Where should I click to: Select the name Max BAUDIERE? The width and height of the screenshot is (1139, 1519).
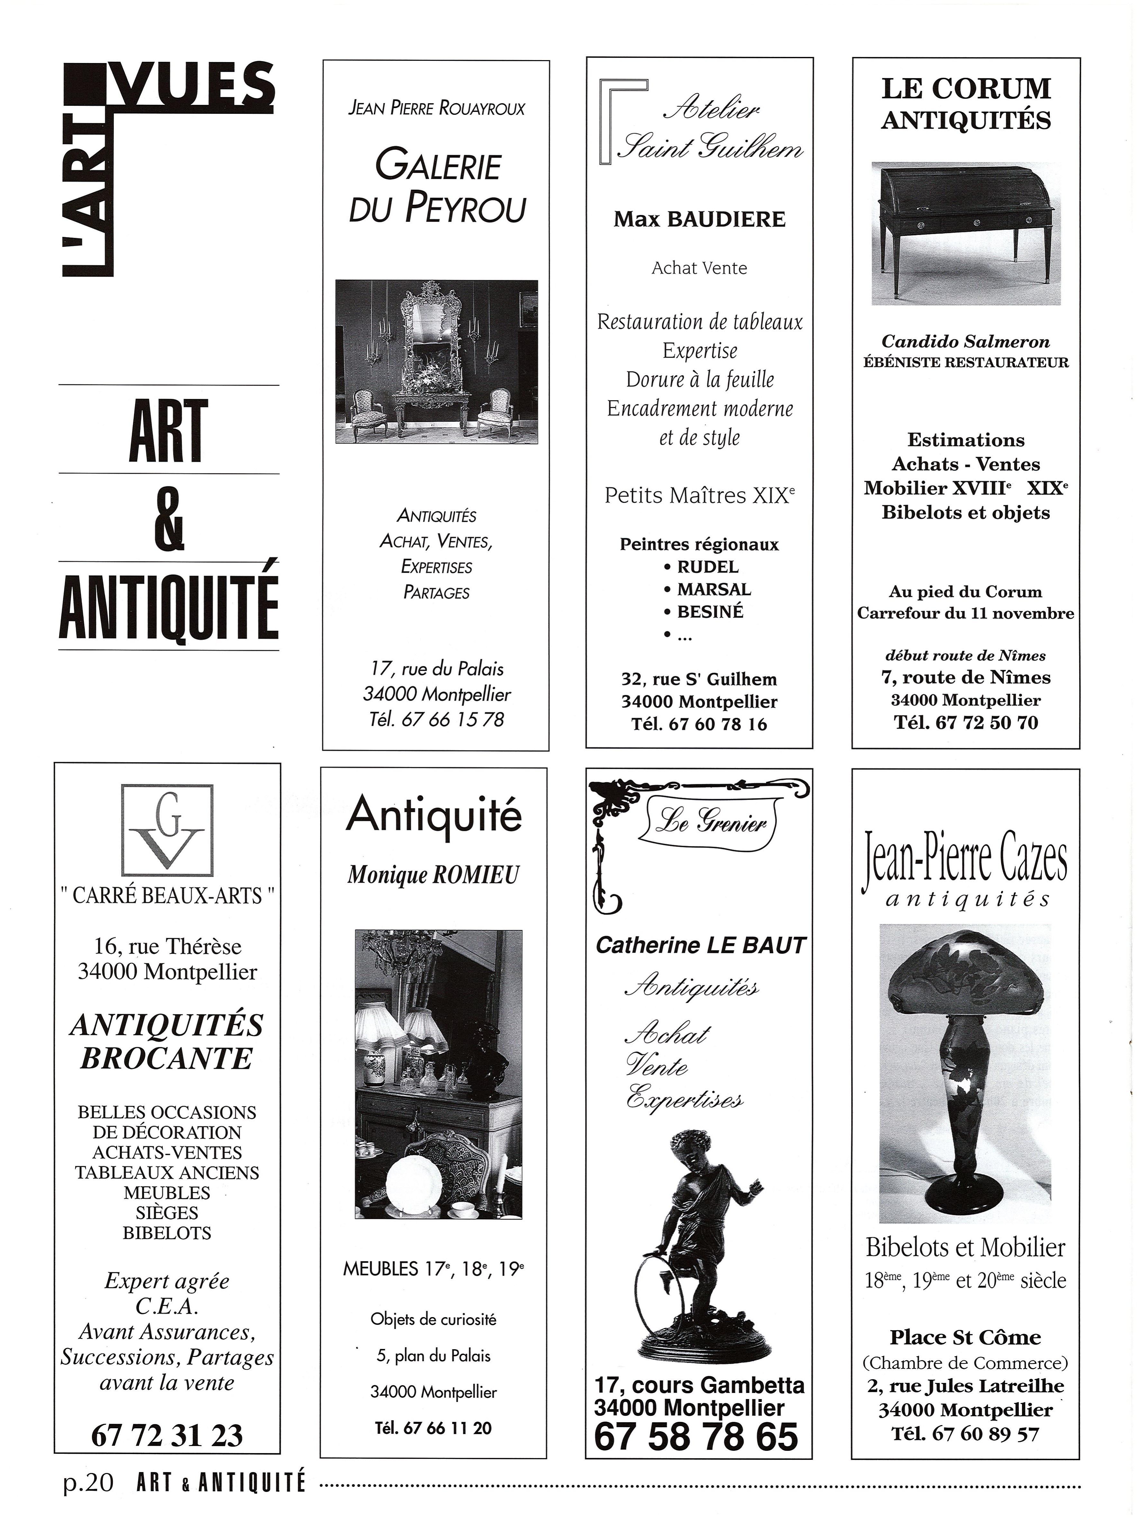click(x=699, y=220)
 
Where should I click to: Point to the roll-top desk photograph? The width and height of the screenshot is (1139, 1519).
click(x=965, y=232)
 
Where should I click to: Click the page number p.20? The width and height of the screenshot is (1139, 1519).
click(x=88, y=1483)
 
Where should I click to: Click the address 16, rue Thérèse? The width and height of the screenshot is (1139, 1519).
click(x=167, y=946)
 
